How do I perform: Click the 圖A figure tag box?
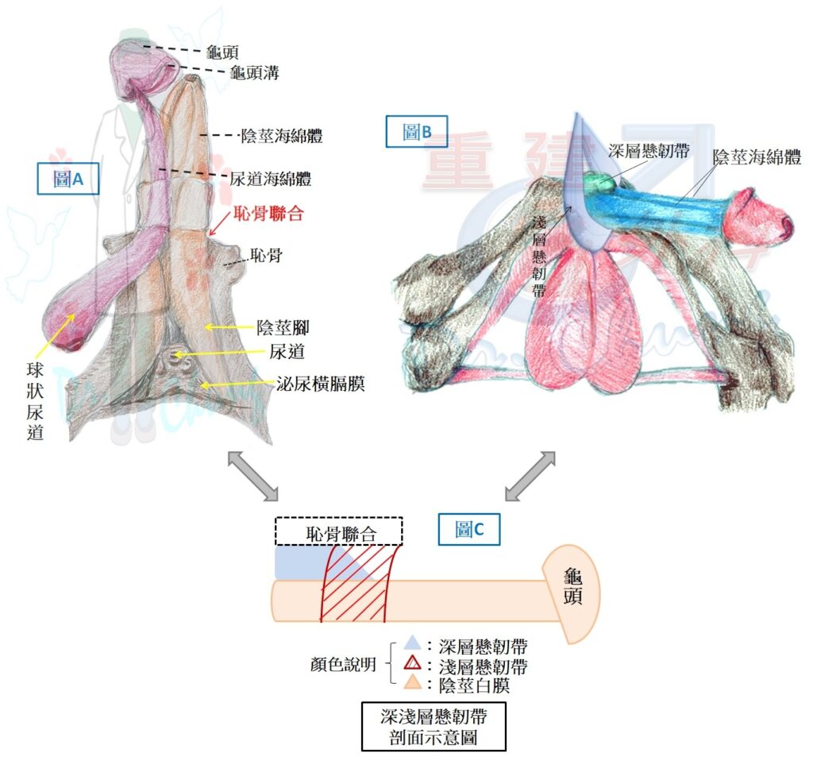pyautogui.click(x=68, y=179)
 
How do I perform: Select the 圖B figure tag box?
pyautogui.click(x=416, y=132)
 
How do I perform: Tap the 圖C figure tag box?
pyautogui.click(x=468, y=529)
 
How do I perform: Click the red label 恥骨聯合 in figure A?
pyautogui.click(x=268, y=213)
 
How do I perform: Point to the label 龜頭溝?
pyautogui.click(x=255, y=72)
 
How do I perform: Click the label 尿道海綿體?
pyautogui.click(x=271, y=179)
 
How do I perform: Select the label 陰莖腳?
pyautogui.click(x=283, y=327)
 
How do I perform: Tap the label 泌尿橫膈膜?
pyautogui.click(x=321, y=384)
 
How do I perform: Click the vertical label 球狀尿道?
pyautogui.click(x=35, y=402)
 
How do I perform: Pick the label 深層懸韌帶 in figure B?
pyautogui.click(x=649, y=150)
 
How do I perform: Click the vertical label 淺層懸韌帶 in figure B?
pyautogui.click(x=539, y=257)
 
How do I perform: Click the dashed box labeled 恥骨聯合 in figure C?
pyautogui.click(x=339, y=531)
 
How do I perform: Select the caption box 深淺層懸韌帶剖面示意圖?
pyautogui.click(x=433, y=726)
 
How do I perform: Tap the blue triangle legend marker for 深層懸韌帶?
pyautogui.click(x=413, y=643)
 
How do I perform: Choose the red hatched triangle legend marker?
pyautogui.click(x=413, y=663)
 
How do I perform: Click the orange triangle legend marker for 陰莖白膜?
pyautogui.click(x=413, y=682)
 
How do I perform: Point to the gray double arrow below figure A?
pyautogui.click(x=253, y=476)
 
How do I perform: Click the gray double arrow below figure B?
pyautogui.click(x=530, y=476)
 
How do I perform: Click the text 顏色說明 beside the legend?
pyautogui.click(x=343, y=664)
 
